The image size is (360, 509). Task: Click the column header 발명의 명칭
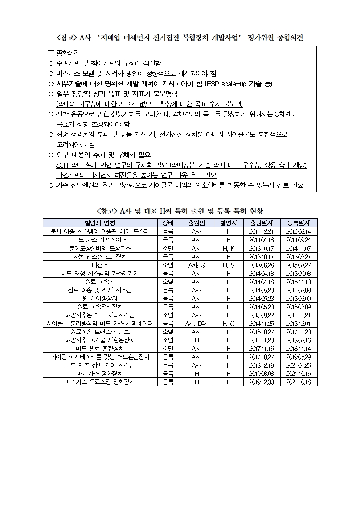click(100, 223)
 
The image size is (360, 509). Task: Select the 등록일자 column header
click(298, 223)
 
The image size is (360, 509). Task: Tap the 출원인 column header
click(196, 223)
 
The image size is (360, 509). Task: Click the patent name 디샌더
click(100, 265)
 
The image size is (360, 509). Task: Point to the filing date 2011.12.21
click(261, 231)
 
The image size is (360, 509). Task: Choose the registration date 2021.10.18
click(298, 382)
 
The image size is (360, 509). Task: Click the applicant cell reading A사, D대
click(196, 323)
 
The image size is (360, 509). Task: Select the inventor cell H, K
click(228, 249)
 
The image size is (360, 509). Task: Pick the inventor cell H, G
click(228, 323)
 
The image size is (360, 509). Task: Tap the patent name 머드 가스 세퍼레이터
click(100, 240)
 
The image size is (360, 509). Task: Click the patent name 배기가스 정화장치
click(100, 373)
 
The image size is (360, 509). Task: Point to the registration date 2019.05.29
click(298, 357)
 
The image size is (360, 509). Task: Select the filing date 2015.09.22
click(261, 315)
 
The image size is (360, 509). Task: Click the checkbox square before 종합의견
click(51, 53)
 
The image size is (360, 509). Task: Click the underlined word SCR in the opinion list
click(62, 165)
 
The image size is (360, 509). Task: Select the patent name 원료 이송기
click(100, 282)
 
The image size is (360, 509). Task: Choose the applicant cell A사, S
click(196, 265)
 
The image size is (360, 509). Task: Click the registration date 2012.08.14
click(298, 231)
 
